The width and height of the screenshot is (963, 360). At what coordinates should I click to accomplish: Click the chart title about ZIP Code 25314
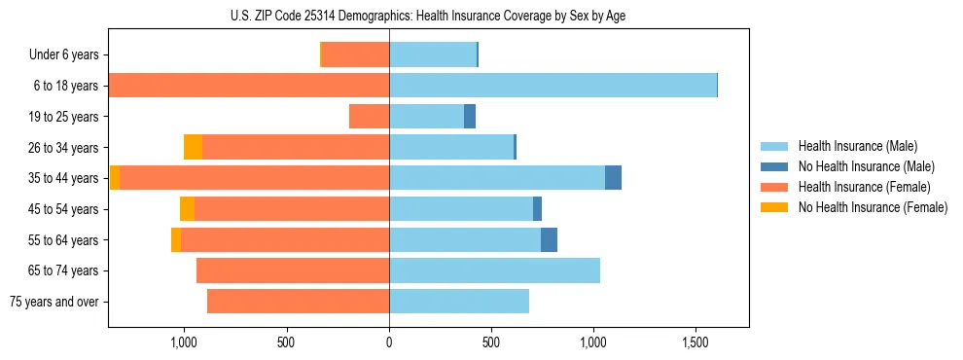click(428, 15)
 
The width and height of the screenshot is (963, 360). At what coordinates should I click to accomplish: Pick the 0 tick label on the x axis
click(389, 342)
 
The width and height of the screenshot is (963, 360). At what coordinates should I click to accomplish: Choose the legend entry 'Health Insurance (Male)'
click(857, 146)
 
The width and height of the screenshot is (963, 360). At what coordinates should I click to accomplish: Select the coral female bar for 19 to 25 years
click(369, 117)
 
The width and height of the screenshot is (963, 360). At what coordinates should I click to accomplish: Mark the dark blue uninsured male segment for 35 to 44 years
click(613, 178)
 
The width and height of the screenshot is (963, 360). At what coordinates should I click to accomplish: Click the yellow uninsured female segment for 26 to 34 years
click(193, 147)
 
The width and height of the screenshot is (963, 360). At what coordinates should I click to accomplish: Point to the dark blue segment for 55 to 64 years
click(549, 239)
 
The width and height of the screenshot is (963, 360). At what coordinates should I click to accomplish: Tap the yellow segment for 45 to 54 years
click(187, 209)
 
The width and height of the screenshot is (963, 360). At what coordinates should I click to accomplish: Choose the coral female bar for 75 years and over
click(298, 302)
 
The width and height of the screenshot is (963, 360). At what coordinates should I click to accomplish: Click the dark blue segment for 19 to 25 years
click(470, 117)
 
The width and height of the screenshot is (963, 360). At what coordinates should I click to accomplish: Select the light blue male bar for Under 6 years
click(433, 55)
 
